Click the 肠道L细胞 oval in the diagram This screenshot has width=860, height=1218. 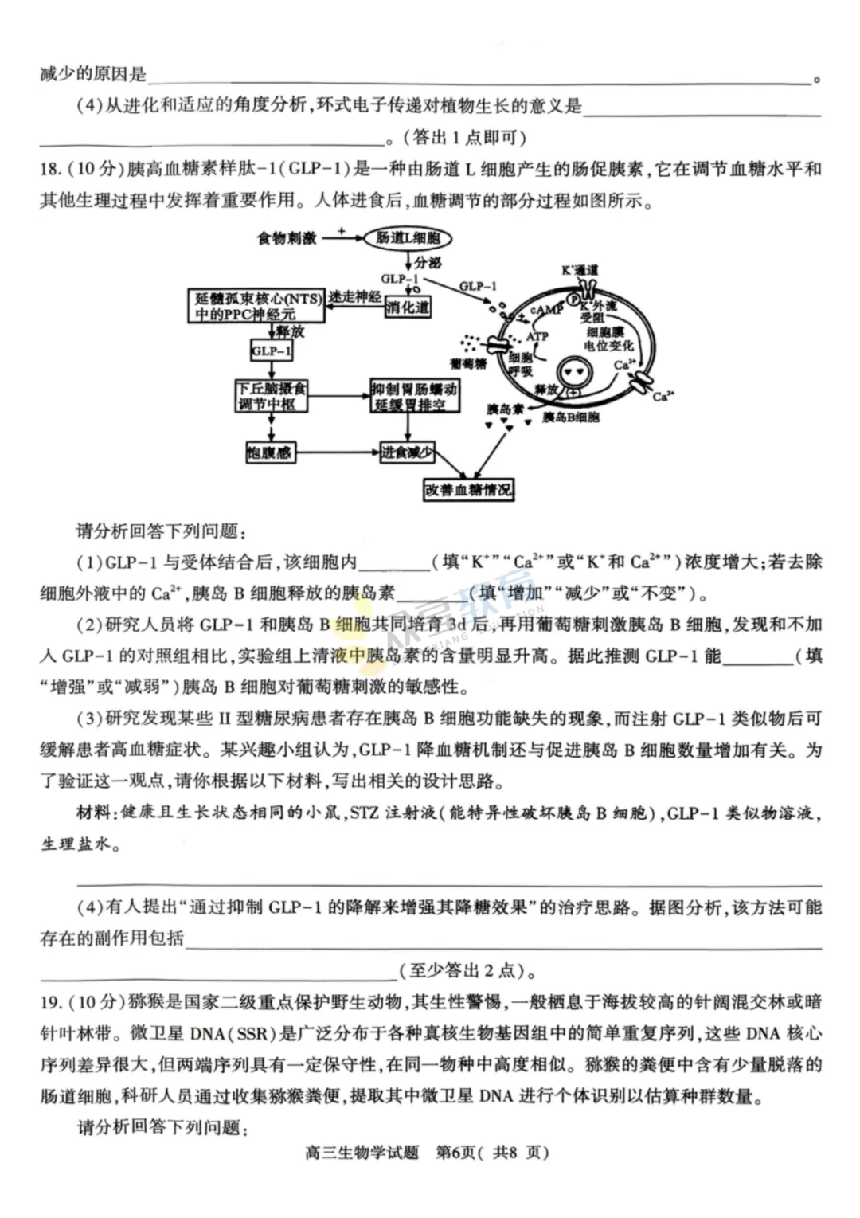tap(408, 237)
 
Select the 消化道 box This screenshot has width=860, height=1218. tap(408, 307)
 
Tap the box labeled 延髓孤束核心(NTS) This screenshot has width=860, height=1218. tap(258, 307)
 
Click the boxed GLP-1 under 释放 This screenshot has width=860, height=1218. tap(271, 351)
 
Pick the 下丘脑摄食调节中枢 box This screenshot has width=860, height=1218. tap(272, 396)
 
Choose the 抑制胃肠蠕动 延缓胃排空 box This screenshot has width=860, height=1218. tap(414, 396)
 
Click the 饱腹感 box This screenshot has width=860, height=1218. tap(269, 452)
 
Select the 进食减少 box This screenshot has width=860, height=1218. tap(406, 452)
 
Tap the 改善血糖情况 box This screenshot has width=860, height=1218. tap(468, 490)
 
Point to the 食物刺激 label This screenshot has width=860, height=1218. tap(287, 237)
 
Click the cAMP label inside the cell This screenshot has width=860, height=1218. tap(546, 309)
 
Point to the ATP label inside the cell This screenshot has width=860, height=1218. tap(537, 336)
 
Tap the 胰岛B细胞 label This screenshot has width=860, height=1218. tap(570, 417)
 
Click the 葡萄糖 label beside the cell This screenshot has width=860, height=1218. tap(467, 364)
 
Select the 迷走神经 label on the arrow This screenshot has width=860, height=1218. tap(355, 297)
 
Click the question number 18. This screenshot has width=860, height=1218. tap(50, 169)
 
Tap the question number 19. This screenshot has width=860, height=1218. tap(50, 1001)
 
